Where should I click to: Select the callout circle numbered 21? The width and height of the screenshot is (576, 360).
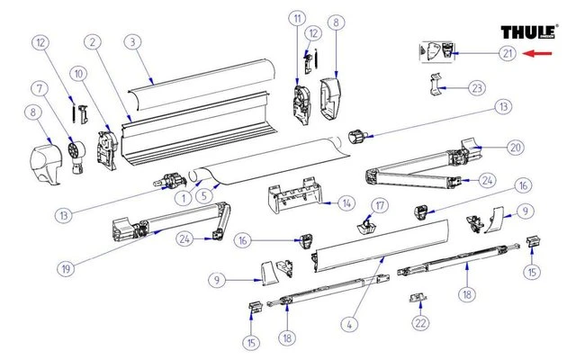pyautogui.click(x=508, y=54)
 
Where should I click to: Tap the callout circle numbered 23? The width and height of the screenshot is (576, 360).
pyautogui.click(x=477, y=88)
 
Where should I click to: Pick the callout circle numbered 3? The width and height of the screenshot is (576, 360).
pyautogui.click(x=131, y=42)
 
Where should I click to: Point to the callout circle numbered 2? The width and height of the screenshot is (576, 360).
pyautogui.click(x=92, y=42)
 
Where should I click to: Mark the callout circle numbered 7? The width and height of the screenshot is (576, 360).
pyautogui.click(x=40, y=89)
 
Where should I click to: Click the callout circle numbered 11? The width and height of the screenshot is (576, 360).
pyautogui.click(x=296, y=19)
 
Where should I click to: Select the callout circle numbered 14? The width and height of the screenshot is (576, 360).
pyautogui.click(x=346, y=206)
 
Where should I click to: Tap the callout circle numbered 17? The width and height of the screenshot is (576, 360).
pyautogui.click(x=379, y=206)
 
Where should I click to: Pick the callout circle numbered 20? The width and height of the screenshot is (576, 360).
pyautogui.click(x=514, y=148)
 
